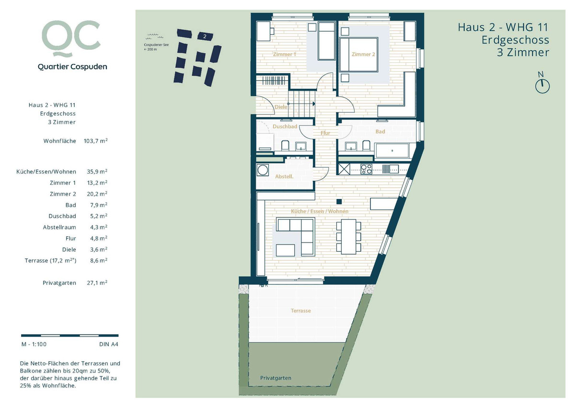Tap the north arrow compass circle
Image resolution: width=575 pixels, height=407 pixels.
pyautogui.click(x=542, y=86)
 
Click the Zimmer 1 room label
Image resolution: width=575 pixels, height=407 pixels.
pyautogui.click(x=285, y=55)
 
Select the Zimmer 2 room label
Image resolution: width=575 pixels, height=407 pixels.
pyautogui.click(x=363, y=55)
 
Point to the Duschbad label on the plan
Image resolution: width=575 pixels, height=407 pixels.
pyautogui.click(x=285, y=127)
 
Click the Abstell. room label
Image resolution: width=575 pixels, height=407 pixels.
pyautogui.click(x=284, y=177)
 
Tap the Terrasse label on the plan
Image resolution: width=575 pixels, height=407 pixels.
pyautogui.click(x=301, y=311)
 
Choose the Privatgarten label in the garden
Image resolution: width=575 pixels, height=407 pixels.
pyautogui.click(x=276, y=378)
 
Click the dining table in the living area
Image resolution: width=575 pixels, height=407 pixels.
pyautogui.click(x=349, y=236)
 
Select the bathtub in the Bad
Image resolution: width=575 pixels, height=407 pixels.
pyautogui.click(x=392, y=151)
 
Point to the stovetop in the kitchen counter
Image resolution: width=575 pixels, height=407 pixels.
pyautogui.click(x=366, y=169)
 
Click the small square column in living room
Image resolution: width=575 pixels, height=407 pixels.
pyautogui.click(x=339, y=201)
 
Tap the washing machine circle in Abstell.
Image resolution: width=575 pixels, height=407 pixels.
pyautogui.click(x=263, y=170)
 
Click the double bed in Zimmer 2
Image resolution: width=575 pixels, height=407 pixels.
pyautogui.click(x=359, y=55)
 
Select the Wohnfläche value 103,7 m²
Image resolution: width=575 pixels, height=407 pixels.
pyautogui.click(x=95, y=141)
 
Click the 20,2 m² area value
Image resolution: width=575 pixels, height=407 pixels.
pyautogui.click(x=97, y=194)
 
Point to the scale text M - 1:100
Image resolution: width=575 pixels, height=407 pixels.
pyautogui.click(x=34, y=344)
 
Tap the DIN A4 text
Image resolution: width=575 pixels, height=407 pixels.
pyautogui.click(x=109, y=344)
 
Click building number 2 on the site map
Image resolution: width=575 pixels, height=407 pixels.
pyautogui.click(x=205, y=36)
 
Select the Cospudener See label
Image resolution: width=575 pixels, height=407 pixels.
pyautogui.click(x=156, y=45)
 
